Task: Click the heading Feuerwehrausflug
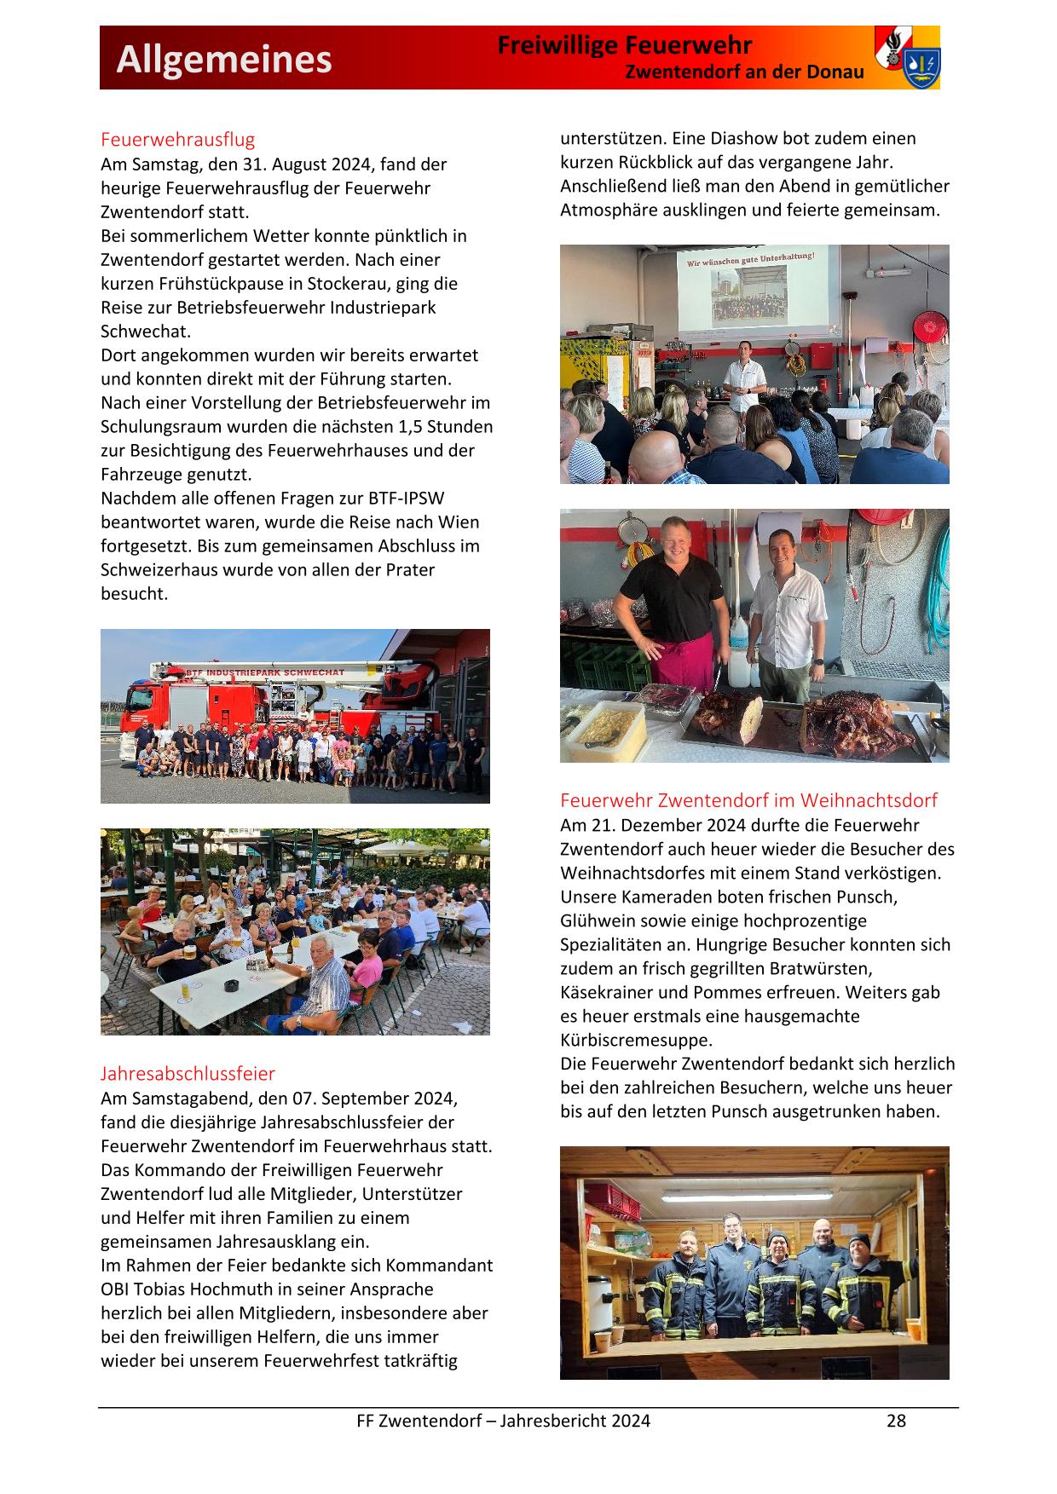coord(177,139)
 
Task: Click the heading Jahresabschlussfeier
coord(188,1073)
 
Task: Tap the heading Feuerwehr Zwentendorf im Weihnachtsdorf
coord(748,799)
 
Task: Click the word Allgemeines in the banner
coord(224,60)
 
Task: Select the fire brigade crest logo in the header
coord(907,57)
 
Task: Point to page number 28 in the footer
coord(896,1420)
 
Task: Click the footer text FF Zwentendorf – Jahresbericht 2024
coord(503,1420)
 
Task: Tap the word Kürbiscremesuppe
coord(635,1040)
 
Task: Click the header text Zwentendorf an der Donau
coord(744,72)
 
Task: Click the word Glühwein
coord(598,920)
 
